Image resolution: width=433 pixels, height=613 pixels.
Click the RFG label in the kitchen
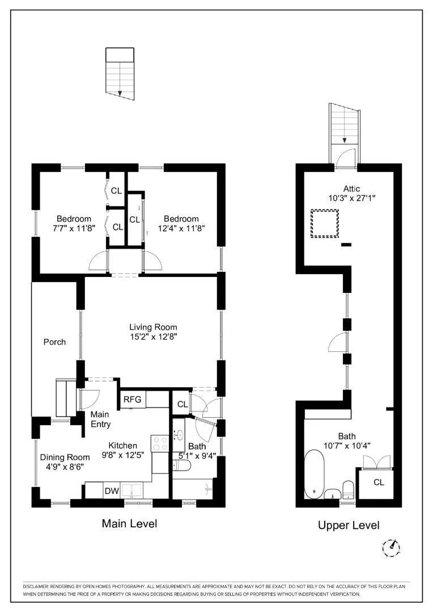tap(133, 400)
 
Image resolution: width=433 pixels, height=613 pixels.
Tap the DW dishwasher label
tap(112, 492)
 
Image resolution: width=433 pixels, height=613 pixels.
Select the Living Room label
tap(154, 328)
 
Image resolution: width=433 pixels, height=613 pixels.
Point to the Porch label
tap(54, 342)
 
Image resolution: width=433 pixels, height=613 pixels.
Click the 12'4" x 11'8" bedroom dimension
tap(181, 228)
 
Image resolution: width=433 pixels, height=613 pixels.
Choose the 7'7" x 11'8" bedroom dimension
tap(74, 228)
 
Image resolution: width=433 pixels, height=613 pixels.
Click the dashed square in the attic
tap(324, 224)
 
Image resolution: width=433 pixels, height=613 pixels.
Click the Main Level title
tap(130, 523)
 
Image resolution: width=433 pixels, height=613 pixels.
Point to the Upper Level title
tap(349, 525)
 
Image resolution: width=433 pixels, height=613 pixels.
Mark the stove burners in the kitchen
tap(160, 443)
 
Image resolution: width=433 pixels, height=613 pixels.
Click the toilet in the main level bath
tap(181, 465)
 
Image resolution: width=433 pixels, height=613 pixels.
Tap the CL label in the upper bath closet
tap(379, 482)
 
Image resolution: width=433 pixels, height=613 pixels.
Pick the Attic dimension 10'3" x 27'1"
tap(351, 198)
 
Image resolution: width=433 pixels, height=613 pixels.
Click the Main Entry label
tap(101, 419)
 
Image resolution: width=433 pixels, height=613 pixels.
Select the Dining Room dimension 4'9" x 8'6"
tap(65, 467)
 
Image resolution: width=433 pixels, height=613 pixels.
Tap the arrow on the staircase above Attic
tap(345, 140)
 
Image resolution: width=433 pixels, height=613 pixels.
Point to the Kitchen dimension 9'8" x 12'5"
tap(123, 455)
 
